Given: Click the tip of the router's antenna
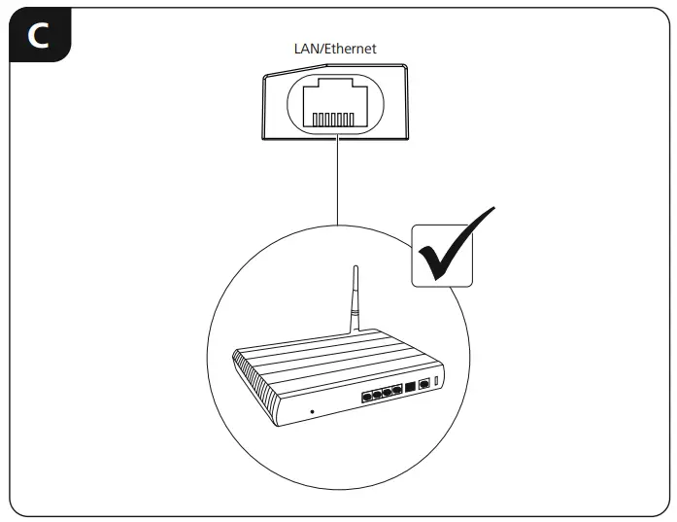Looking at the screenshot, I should tap(356, 267).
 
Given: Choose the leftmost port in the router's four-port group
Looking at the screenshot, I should tap(366, 397).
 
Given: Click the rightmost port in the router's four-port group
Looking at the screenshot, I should tap(396, 390).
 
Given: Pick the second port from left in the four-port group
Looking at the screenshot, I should tap(377, 395).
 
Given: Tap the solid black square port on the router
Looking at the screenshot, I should tap(411, 386).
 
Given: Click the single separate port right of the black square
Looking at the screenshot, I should tap(424, 383).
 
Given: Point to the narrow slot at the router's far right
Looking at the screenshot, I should tap(438, 378).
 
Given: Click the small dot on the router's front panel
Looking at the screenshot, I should tap(311, 411).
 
